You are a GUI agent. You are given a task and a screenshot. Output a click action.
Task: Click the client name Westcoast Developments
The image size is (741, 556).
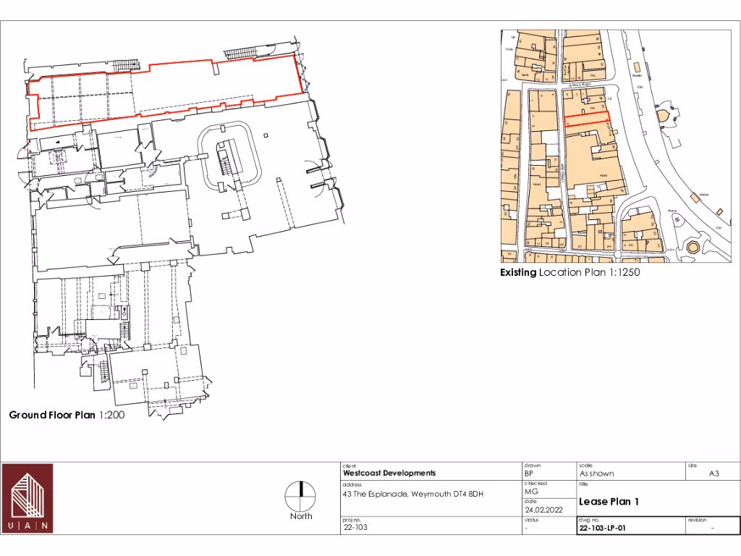click(389, 473)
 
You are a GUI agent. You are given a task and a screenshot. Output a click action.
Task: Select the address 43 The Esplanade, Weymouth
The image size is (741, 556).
click(412, 494)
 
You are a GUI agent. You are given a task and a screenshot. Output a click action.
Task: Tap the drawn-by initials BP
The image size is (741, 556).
click(528, 473)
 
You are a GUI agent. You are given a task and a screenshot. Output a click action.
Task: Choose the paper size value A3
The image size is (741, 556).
click(713, 473)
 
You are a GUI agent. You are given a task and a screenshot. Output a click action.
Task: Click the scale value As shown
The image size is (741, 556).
click(596, 473)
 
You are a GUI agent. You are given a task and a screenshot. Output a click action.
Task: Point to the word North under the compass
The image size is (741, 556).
click(301, 516)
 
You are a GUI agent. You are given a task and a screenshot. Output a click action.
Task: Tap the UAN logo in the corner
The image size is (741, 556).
click(27, 498)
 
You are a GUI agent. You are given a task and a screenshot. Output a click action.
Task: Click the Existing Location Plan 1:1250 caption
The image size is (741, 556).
click(570, 273)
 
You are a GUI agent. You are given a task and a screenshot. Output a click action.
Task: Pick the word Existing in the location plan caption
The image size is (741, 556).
click(518, 273)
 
